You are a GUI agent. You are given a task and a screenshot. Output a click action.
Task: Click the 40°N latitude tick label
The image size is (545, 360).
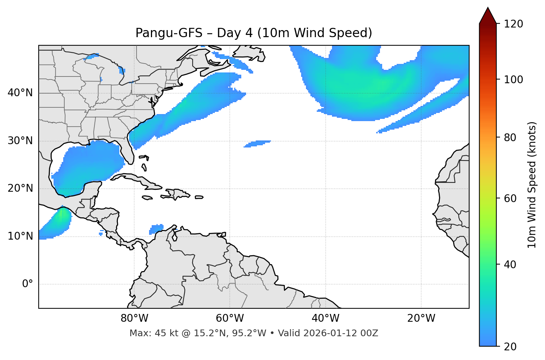click(x=20, y=93)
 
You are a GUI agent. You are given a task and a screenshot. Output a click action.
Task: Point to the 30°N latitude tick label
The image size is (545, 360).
click(x=20, y=141)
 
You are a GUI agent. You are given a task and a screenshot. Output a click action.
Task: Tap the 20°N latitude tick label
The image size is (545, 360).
click(x=20, y=188)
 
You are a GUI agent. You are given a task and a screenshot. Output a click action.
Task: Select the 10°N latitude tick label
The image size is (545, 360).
click(x=20, y=236)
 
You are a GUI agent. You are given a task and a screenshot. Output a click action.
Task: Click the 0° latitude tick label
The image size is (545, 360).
click(x=28, y=284)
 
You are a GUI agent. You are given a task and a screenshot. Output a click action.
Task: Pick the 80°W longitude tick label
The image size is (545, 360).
click(x=134, y=318)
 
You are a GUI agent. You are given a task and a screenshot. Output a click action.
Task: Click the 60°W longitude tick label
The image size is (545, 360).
click(x=230, y=318)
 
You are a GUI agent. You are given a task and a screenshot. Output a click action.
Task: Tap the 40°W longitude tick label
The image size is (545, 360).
click(x=325, y=318)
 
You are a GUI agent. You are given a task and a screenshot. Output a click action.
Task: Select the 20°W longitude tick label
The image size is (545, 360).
click(x=421, y=318)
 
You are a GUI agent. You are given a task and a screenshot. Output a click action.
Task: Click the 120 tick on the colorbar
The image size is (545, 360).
click(x=513, y=24)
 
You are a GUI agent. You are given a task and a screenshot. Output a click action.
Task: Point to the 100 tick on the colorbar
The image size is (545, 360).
click(x=513, y=80)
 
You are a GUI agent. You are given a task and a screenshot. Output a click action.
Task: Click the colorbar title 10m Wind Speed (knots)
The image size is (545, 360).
click(x=532, y=185)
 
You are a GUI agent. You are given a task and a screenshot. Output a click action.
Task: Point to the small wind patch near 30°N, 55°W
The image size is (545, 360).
click(x=257, y=144)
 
